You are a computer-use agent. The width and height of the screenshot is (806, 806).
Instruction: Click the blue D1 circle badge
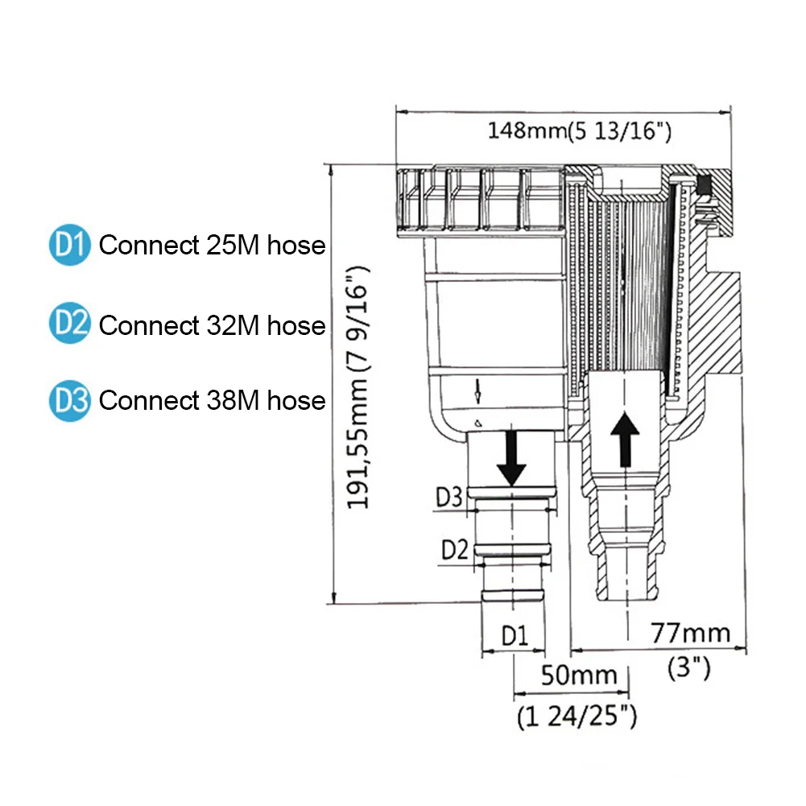point(70,245)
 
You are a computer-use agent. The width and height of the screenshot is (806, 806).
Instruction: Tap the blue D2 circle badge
point(70,323)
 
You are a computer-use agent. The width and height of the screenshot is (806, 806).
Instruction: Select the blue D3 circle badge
point(70,401)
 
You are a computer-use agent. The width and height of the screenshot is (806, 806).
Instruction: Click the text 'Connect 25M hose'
point(213,245)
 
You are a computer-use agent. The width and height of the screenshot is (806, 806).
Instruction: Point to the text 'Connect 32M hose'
point(213,324)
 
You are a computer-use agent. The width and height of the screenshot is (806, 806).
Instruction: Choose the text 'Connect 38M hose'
point(213,400)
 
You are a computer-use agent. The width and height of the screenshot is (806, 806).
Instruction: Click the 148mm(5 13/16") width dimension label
point(579,131)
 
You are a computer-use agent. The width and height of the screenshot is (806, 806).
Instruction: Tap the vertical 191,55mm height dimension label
point(358,388)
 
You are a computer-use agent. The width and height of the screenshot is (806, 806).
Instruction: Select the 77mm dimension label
point(690,633)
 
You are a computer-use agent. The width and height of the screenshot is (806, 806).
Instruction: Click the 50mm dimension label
point(579,675)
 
